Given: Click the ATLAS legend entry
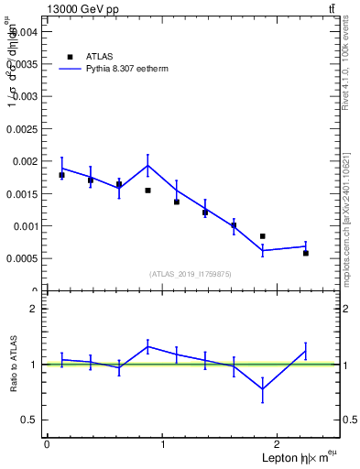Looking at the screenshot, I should (x=99, y=56).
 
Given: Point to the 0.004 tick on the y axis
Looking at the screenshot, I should (x=24, y=31).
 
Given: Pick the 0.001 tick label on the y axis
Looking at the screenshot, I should (x=24, y=226).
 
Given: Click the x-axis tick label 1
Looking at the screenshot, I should (x=163, y=444).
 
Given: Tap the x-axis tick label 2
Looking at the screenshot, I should (x=279, y=444).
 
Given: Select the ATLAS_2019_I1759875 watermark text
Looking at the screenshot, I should (x=191, y=274).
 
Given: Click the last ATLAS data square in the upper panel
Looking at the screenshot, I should (x=306, y=253).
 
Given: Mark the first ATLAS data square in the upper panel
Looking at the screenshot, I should (x=61, y=175).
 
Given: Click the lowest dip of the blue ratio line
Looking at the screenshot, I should (x=263, y=388).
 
